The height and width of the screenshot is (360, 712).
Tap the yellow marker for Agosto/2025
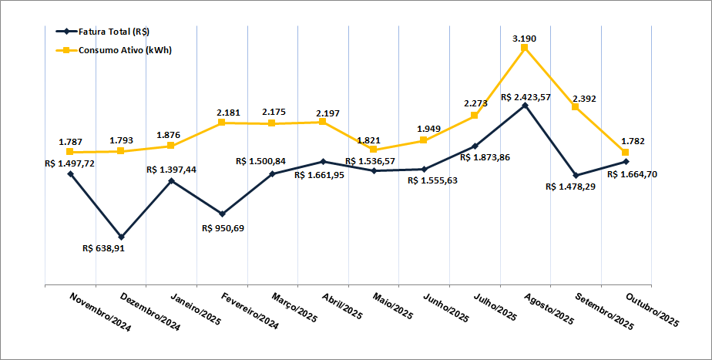(x=525, y=48)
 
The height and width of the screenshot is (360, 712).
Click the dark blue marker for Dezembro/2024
(x=121, y=237)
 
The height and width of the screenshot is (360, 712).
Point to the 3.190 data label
(x=525, y=37)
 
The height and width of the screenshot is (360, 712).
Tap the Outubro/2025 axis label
(x=653, y=311)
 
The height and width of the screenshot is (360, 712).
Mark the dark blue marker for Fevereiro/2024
(x=222, y=214)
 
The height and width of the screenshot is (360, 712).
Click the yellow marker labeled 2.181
(x=221, y=122)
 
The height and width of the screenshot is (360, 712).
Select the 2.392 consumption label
(x=584, y=99)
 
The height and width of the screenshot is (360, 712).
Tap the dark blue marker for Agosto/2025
(x=525, y=106)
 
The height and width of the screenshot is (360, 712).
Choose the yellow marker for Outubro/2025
(x=626, y=152)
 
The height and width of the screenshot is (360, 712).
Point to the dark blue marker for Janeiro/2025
(x=171, y=180)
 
